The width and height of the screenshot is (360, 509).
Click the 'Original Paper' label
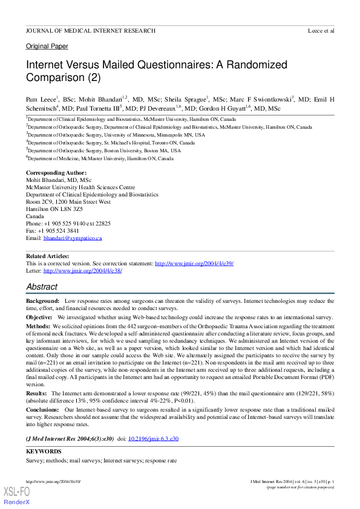point(47,46)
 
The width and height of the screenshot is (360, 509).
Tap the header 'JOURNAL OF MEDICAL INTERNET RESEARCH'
point(90,30)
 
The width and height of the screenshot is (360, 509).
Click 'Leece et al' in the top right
point(321,30)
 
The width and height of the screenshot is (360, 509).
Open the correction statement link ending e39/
point(194,264)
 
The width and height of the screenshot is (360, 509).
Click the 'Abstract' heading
point(42,287)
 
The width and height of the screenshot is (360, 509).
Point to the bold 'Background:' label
point(42,300)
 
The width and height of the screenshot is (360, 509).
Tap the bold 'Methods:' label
point(38,326)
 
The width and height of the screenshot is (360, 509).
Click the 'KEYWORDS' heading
point(44,452)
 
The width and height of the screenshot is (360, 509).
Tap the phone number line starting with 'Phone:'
point(68,224)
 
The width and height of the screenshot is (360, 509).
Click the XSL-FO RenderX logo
point(17,496)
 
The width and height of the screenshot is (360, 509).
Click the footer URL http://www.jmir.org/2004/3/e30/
point(53,481)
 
